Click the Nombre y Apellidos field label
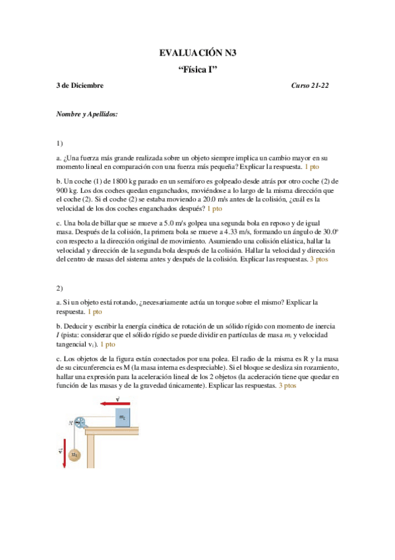(x=87, y=114)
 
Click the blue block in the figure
(x=122, y=417)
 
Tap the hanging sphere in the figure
(x=75, y=455)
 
